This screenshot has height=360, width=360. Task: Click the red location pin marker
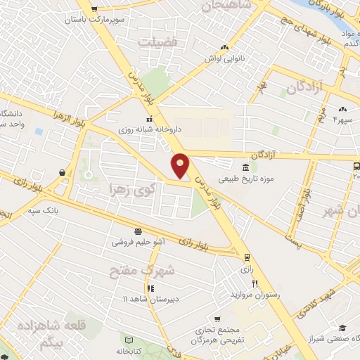coord(181,165)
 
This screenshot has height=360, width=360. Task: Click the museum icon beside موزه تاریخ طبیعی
coord(245,168)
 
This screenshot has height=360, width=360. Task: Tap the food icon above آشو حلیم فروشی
coord(138,231)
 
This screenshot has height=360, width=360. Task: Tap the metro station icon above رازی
coord(246,257)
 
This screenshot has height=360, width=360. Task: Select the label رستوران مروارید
coord(259,295)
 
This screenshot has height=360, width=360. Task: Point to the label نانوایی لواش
coord(224,59)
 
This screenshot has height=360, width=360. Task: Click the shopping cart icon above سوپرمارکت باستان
coord(95,8)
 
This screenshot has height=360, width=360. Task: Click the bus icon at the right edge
coord(356,167)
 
